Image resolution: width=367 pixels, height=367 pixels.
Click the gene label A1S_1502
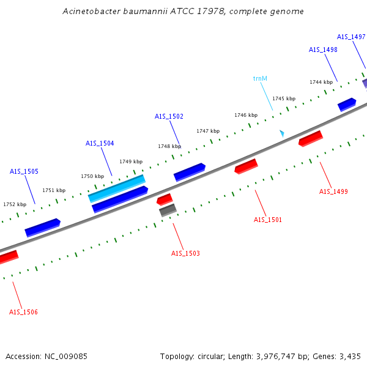(x=169, y=116)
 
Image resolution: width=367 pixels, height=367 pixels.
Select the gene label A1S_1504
(x=100, y=143)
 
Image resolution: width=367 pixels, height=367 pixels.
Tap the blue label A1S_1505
(x=24, y=171)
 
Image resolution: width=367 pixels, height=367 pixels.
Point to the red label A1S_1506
(x=23, y=312)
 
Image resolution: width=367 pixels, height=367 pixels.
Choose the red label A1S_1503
(x=185, y=253)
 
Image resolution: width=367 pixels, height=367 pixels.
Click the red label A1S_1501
(x=268, y=220)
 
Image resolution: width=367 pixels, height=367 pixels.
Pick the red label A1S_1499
(x=333, y=191)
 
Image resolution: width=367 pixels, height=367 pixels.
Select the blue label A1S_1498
(x=323, y=50)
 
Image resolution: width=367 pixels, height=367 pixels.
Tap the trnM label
(x=260, y=78)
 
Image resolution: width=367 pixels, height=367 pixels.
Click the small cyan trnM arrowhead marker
(x=282, y=133)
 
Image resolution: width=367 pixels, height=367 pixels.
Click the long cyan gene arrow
(x=117, y=188)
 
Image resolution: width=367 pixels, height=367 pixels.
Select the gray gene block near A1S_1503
(x=168, y=210)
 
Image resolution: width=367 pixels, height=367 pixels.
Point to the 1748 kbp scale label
(x=169, y=146)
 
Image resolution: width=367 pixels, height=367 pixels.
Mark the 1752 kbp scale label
(x=15, y=204)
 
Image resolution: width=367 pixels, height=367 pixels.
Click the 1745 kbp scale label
(x=284, y=98)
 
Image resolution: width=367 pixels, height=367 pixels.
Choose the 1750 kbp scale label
(x=92, y=176)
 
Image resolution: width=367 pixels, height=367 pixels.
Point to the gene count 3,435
(x=349, y=356)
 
